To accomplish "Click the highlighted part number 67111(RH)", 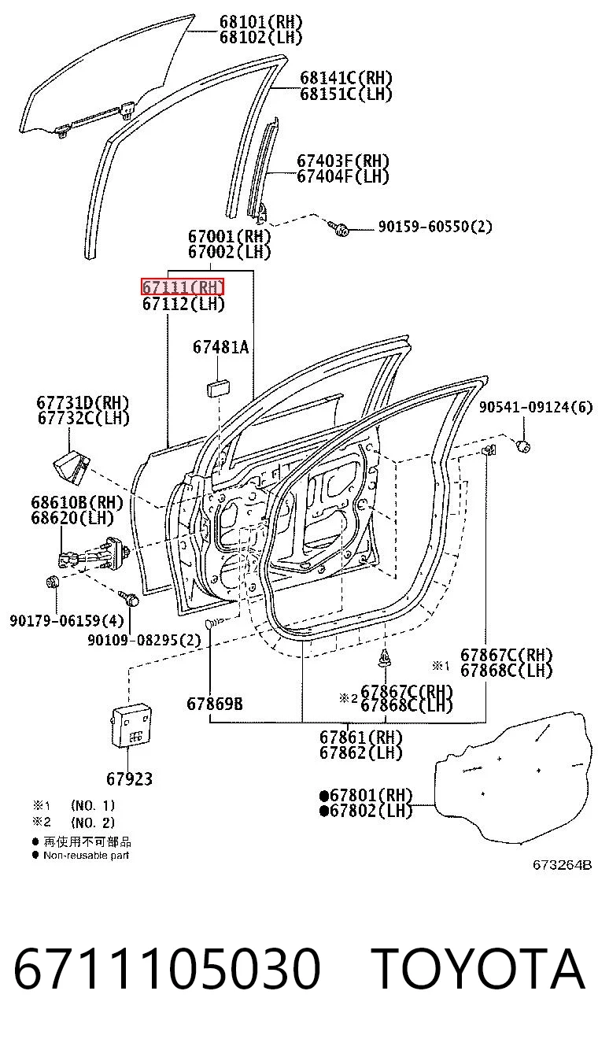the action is [183, 287].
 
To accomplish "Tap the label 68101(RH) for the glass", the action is [261, 22].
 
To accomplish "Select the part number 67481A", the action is [221, 347].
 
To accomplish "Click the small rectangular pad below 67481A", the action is [219, 389].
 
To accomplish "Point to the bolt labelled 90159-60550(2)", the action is [341, 229].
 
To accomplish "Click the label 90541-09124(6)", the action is [536, 407].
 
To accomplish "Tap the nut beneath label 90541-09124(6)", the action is [523, 446].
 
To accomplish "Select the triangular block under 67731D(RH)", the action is [71, 467].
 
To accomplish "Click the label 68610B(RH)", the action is [77, 502].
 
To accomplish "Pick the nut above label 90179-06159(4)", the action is [52, 582].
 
